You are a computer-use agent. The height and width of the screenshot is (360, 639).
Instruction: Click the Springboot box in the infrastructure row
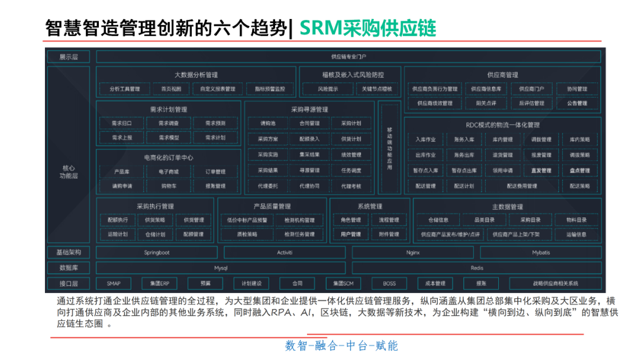pyautogui.click(x=157, y=252)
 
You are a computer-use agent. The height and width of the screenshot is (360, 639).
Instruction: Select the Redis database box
pyautogui.click(x=477, y=268)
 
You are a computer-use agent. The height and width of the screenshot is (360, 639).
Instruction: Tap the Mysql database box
pyautogui.click(x=221, y=268)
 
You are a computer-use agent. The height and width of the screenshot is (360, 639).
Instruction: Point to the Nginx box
pyautogui.click(x=412, y=252)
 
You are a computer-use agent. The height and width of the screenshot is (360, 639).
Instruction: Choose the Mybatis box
pyautogui.click(x=540, y=252)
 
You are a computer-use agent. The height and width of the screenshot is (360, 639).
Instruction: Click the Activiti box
pyautogui.click(x=285, y=252)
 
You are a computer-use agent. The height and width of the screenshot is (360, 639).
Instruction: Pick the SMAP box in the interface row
pyautogui.click(x=114, y=284)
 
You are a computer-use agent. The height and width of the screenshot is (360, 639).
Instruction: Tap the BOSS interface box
pyautogui.click(x=389, y=284)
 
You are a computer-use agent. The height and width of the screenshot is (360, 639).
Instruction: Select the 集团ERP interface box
pyautogui.click(x=159, y=284)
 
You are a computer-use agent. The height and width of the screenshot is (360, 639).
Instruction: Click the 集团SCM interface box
pyautogui.click(x=343, y=284)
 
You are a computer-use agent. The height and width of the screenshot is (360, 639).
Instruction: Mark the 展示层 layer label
pyautogui.click(x=69, y=57)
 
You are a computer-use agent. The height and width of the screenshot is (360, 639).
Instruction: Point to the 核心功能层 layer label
pyautogui.click(x=69, y=172)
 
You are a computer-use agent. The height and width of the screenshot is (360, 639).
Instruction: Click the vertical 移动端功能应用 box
pyautogui.click(x=389, y=148)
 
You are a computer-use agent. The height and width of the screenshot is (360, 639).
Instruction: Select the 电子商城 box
pyautogui.click(x=169, y=172)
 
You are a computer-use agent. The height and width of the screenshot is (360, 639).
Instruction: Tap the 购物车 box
pyautogui.click(x=169, y=186)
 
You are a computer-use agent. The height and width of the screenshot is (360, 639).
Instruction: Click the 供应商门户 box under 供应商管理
pyautogui.click(x=531, y=89)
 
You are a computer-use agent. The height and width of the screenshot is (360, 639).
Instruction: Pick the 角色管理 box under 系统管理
pyautogui.click(x=351, y=220)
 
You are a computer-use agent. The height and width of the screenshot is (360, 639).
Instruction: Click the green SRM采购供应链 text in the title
pyautogui.click(x=367, y=28)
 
